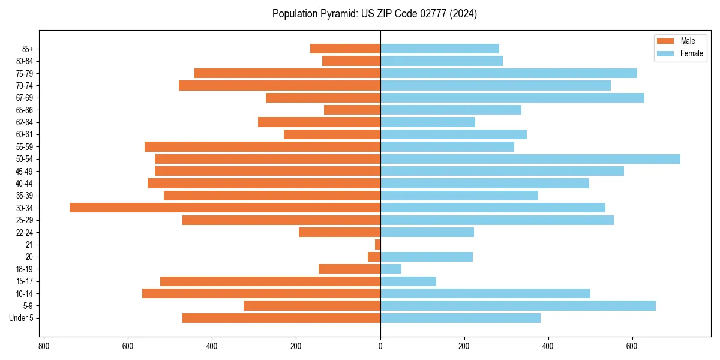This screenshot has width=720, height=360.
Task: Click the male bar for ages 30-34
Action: [x=225, y=208]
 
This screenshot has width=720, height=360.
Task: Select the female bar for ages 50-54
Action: [x=530, y=159]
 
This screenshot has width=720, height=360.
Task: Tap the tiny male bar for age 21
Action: [x=377, y=245]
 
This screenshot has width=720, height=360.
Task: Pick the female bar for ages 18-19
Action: [x=391, y=269]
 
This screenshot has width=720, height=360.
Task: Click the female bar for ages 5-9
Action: [x=518, y=305]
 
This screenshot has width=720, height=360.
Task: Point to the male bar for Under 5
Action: [x=281, y=318]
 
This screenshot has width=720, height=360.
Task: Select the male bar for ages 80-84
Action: [x=351, y=61]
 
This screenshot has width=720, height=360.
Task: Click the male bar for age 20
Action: [x=374, y=257]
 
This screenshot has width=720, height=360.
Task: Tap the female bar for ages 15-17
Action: [x=408, y=281]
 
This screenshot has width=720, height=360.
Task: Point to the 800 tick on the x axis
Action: [x=43, y=346]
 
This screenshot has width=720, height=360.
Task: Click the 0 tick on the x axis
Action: [x=380, y=346]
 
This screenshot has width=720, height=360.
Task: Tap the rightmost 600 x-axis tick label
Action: [x=632, y=346]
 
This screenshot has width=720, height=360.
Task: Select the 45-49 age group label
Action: [x=25, y=171]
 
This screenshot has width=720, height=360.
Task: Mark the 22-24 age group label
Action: [x=25, y=232]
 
